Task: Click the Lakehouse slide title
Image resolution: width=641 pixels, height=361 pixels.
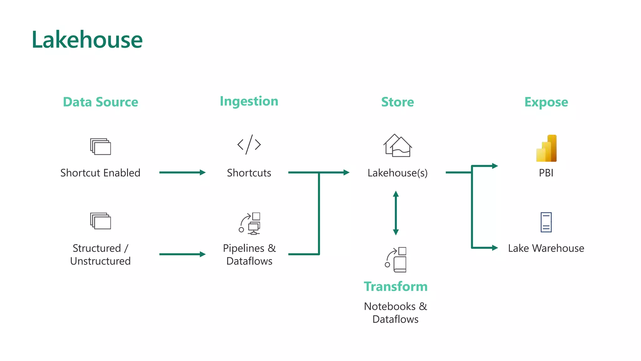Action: coord(87,40)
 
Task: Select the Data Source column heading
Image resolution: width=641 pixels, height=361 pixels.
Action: coord(100,102)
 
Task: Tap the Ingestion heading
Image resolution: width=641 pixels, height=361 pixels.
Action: coord(249,102)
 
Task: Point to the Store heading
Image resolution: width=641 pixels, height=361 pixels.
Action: coord(397,102)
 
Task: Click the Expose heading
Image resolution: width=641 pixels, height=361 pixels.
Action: coord(546,102)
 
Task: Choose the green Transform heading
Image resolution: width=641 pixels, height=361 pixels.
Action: coord(396,286)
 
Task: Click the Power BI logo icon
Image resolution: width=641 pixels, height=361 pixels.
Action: coord(546,148)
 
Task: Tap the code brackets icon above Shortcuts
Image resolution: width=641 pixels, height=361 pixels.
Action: coord(249,144)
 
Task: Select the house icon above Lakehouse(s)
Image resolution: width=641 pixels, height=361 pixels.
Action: coord(397,146)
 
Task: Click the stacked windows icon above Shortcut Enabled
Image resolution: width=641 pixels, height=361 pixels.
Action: coord(100,146)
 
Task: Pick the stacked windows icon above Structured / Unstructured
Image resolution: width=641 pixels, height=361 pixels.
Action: coord(100,221)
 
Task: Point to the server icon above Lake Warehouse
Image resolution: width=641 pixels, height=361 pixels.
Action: coord(546,222)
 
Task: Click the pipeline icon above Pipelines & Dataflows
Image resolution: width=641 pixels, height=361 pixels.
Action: coord(250,223)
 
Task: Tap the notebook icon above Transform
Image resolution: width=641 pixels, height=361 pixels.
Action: coord(396,260)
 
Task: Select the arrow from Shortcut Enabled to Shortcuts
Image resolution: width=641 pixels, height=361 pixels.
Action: coord(182,172)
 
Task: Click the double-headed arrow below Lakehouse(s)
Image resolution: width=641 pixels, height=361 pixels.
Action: coord(396,213)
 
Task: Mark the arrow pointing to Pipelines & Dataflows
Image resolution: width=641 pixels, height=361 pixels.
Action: coord(182,254)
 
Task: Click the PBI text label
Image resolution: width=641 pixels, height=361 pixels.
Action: coord(546,173)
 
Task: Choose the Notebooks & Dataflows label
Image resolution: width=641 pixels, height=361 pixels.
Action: coord(396,312)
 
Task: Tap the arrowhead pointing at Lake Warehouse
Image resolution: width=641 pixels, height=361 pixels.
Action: coord(495,248)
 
